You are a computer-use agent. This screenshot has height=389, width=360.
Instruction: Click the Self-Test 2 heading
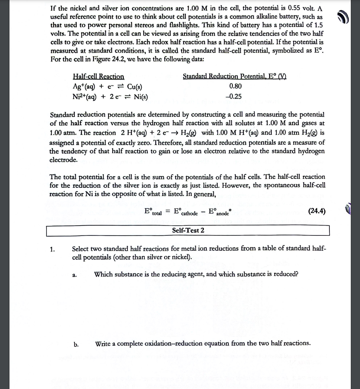coord(188,231)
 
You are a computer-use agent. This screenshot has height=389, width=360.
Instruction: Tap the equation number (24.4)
coord(317,211)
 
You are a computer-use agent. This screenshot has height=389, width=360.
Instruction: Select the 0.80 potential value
coord(235,86)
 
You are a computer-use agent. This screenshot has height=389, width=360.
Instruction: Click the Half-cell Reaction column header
coord(99,77)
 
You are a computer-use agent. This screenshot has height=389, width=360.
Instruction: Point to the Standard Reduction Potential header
coord(234,76)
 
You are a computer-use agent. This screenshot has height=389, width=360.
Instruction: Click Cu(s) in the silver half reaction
coord(135,87)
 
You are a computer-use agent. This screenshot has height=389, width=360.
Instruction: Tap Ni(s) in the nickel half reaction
coord(141,97)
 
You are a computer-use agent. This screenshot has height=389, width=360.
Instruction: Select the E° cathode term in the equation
coord(186,212)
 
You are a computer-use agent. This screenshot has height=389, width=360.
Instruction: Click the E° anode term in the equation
coord(219,212)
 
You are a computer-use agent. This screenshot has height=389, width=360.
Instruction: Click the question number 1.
coord(53,249)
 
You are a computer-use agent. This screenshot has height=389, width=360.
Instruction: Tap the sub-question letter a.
coord(75,275)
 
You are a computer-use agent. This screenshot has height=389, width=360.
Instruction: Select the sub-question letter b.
coord(76,345)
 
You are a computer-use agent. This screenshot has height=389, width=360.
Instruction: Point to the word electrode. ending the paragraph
coord(63,160)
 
